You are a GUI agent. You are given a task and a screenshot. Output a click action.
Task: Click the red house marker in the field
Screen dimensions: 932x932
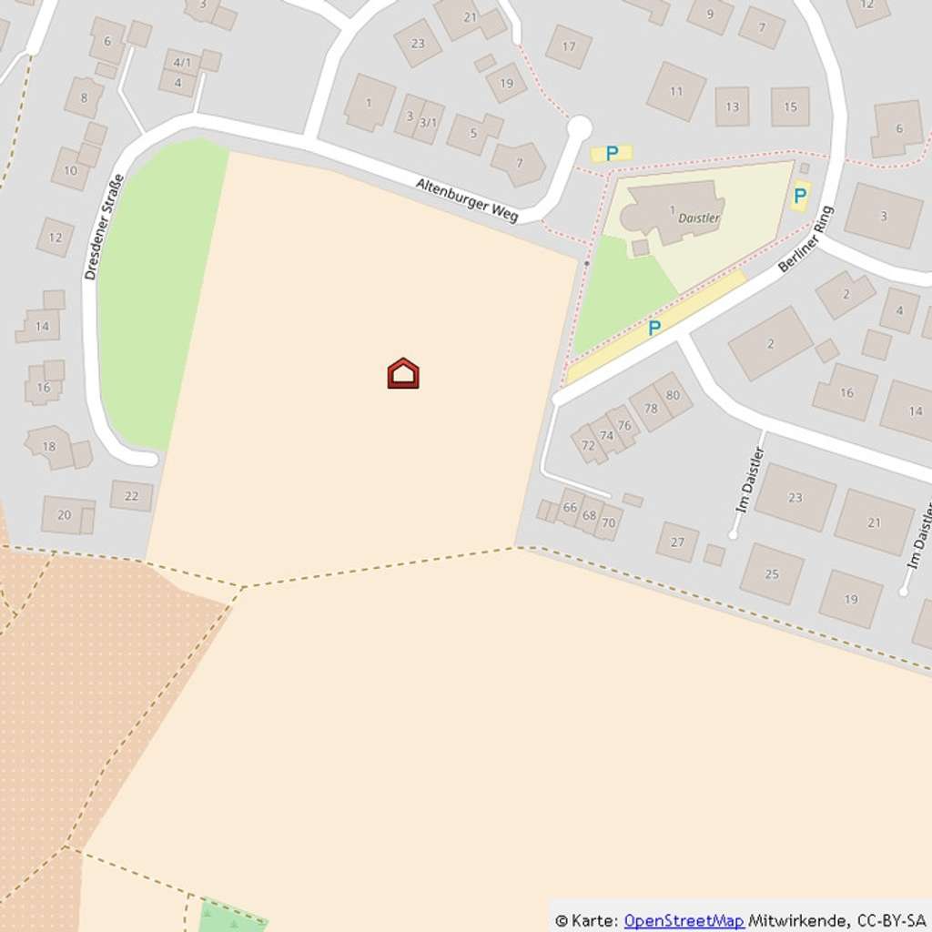click(403, 373)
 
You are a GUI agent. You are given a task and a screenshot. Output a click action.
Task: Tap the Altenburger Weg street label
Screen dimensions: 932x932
click(467, 199)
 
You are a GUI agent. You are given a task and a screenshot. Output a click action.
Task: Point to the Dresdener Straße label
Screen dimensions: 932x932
click(103, 227)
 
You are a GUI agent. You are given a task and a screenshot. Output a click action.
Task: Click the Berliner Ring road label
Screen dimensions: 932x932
click(806, 239)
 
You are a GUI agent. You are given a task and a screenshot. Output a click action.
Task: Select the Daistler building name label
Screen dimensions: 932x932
click(699, 218)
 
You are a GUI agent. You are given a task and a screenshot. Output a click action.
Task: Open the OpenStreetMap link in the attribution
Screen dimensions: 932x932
click(684, 920)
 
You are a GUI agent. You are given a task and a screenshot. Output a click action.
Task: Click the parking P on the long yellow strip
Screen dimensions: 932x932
click(653, 328)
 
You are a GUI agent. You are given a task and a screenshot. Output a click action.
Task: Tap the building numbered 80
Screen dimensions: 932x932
click(673, 395)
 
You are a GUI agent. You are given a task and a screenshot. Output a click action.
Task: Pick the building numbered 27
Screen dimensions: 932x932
click(677, 542)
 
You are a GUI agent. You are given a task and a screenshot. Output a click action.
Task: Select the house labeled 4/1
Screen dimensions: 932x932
click(182, 63)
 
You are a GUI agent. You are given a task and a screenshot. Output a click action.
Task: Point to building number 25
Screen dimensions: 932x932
click(772, 573)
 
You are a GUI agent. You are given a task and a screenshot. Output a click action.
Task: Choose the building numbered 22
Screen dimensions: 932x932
click(132, 495)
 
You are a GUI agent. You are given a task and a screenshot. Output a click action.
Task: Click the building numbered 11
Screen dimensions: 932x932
click(676, 91)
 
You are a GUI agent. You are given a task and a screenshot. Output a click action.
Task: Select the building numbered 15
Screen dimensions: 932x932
click(790, 106)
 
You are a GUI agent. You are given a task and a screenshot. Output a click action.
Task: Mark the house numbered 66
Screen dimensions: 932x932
click(570, 507)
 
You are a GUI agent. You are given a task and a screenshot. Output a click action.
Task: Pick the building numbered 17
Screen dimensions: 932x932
click(569, 46)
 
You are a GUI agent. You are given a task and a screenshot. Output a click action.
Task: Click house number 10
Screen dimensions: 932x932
click(70, 170)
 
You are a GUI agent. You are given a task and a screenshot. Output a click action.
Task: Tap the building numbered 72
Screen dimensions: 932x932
click(588, 445)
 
